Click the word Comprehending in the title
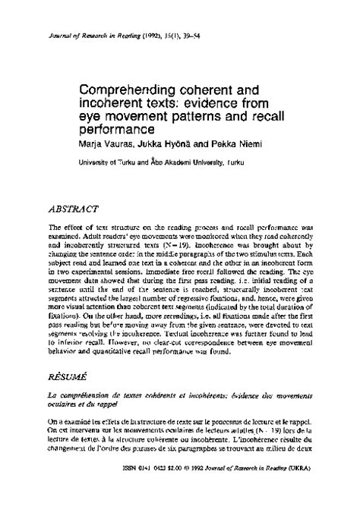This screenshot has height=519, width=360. pos(124,76)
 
